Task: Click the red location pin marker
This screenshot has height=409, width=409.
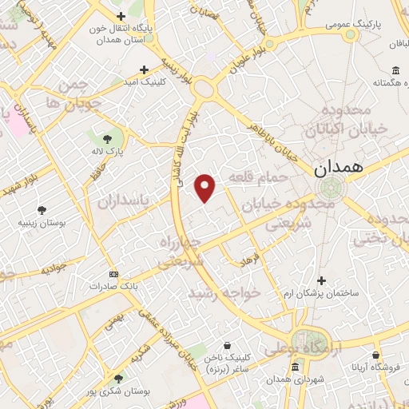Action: (x=206, y=187)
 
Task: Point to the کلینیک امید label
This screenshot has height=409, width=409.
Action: (x=143, y=82)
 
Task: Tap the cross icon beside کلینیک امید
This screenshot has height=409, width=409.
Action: (x=144, y=69)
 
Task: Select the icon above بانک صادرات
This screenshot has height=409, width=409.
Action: (x=113, y=272)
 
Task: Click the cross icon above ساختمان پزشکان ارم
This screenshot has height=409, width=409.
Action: (x=321, y=280)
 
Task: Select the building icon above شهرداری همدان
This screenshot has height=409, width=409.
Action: (x=296, y=367)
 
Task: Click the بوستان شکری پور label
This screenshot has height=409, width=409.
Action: (x=119, y=392)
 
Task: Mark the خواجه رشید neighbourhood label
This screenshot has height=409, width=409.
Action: (x=224, y=293)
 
